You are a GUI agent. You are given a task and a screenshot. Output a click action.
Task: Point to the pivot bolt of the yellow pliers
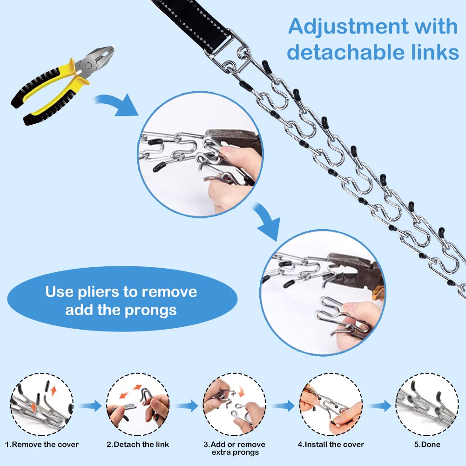[x=88, y=66]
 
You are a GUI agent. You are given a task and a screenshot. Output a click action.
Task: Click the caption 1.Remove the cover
[x=42, y=445]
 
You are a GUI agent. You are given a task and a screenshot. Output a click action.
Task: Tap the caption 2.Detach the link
[x=138, y=445]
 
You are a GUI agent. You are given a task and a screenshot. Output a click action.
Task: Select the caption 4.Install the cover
[x=331, y=445]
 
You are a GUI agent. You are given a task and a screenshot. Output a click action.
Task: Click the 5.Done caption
[x=427, y=445]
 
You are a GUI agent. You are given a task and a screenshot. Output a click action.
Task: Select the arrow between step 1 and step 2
[x=90, y=405]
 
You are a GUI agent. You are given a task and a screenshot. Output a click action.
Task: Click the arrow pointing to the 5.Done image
[x=379, y=405]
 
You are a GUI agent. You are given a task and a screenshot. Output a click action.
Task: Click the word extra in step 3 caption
[x=220, y=452]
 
